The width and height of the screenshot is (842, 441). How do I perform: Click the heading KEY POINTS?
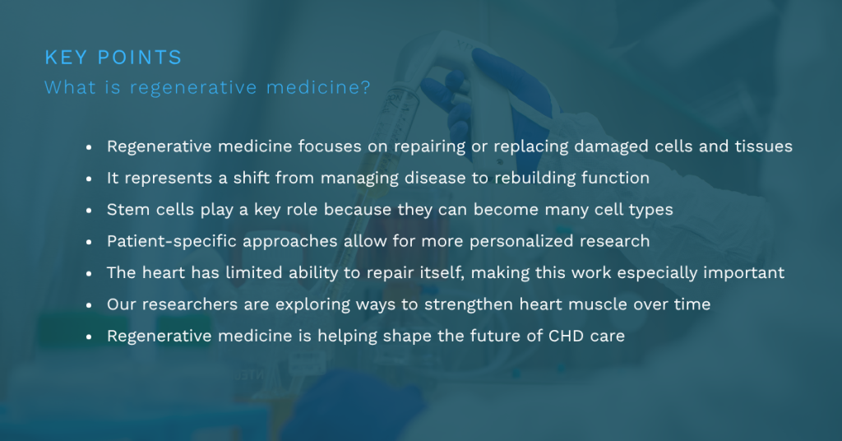point(113,58)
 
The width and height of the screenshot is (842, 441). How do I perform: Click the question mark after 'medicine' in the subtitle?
point(366,87)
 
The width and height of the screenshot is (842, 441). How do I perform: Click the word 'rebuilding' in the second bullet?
point(534,179)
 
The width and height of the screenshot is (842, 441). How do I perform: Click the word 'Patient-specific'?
point(172,241)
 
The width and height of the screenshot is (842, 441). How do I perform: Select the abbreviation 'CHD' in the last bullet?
point(566,337)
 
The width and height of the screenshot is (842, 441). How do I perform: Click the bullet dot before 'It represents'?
point(89,179)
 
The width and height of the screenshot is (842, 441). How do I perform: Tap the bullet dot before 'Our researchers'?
point(89,304)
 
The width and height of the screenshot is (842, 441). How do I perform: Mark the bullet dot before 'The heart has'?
point(89,273)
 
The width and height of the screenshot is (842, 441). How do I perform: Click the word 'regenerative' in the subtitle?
point(193,87)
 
